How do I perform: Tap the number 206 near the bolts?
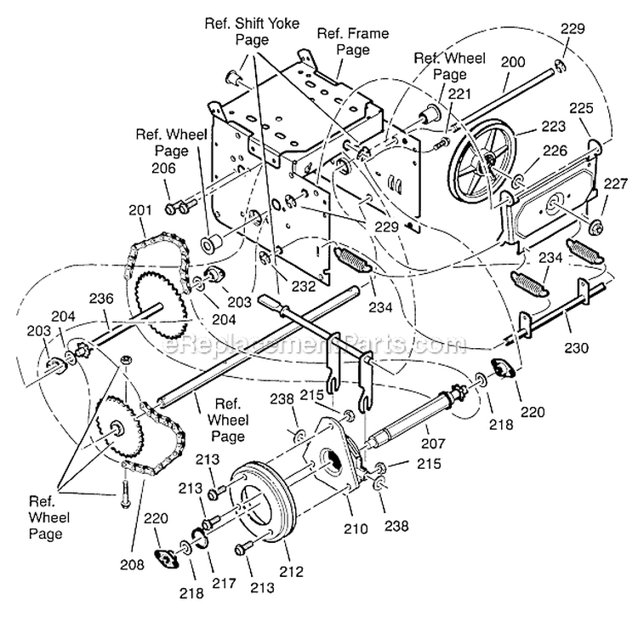point(165,169)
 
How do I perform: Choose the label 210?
point(355,528)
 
